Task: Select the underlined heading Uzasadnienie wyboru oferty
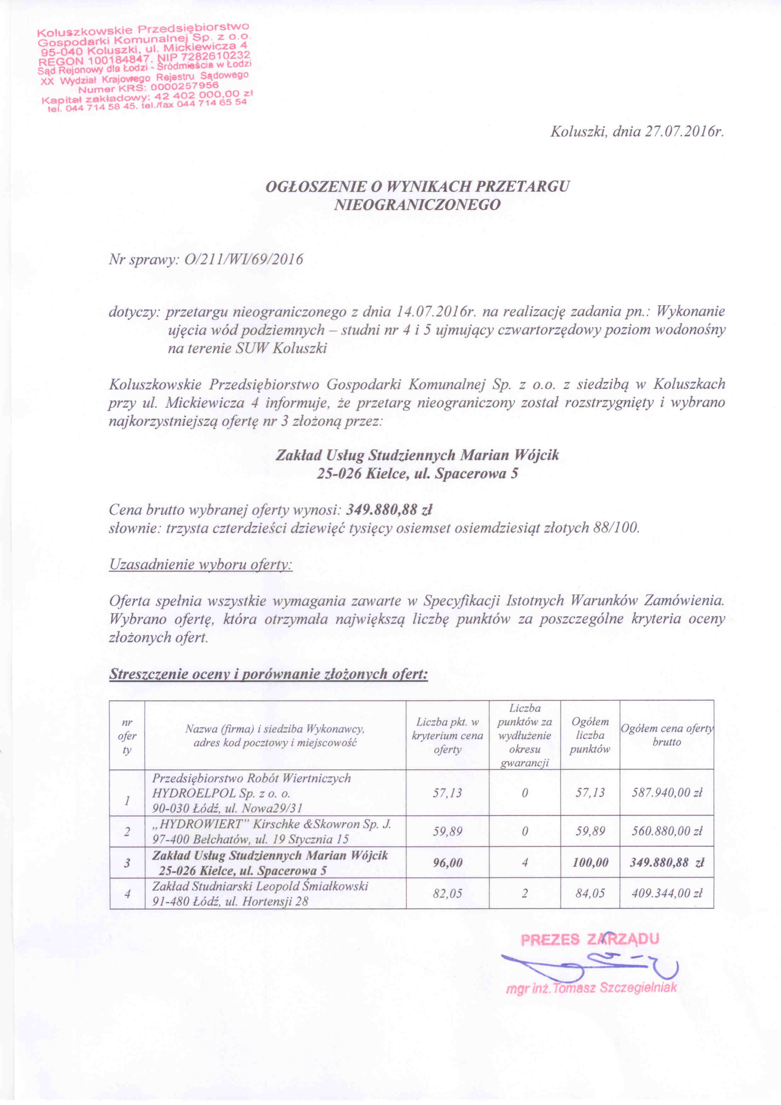point(201,564)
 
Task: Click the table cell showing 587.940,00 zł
point(667,793)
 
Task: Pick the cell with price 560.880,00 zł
point(667,831)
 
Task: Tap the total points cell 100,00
point(590,862)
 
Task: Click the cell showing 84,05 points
point(590,893)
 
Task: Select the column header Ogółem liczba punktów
point(590,735)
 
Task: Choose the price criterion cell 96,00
point(447,862)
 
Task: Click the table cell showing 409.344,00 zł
point(667,893)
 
